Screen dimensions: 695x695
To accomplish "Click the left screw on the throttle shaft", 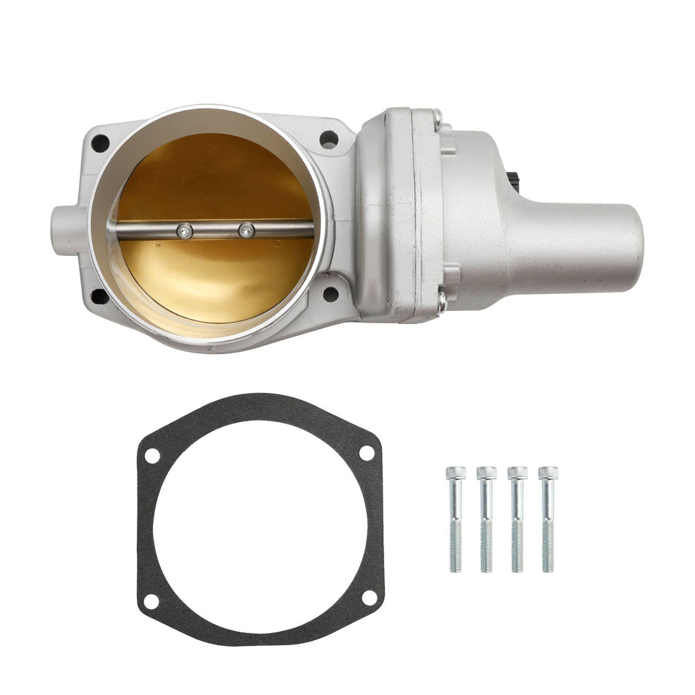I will [x=185, y=231].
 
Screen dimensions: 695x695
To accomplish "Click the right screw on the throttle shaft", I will [x=247, y=230].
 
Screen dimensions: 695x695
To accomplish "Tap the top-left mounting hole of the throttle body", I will [x=100, y=143].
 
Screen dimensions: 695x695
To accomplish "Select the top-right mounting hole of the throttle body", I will [x=328, y=139].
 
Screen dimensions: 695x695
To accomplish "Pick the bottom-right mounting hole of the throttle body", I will [x=331, y=294].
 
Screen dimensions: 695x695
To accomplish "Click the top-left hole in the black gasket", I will [x=152, y=455].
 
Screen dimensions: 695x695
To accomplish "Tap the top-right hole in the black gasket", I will [x=367, y=453].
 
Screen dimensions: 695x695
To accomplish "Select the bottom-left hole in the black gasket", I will [x=151, y=601].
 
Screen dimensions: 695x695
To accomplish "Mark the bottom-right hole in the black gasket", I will [x=369, y=598].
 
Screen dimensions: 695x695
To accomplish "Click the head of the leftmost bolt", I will [x=454, y=473].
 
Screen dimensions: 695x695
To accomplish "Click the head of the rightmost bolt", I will [x=548, y=473].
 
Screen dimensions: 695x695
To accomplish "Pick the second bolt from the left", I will [x=487, y=519].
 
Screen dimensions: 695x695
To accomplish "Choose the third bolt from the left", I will [x=517, y=519].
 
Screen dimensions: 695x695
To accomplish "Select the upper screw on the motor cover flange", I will [x=437, y=116].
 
